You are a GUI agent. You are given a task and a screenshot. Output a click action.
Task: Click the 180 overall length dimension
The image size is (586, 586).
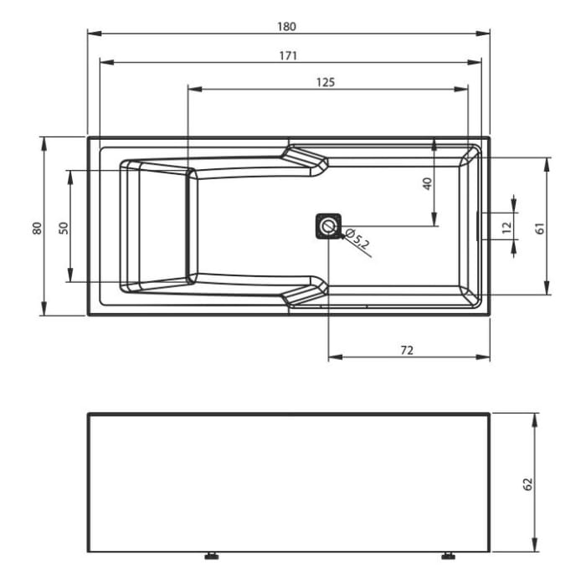[287, 26]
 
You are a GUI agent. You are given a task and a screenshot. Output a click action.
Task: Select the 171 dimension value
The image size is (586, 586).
[287, 55]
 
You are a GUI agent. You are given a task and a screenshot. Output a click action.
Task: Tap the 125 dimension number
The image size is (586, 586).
[326, 81]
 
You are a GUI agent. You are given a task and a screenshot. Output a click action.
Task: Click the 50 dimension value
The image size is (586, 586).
[64, 227]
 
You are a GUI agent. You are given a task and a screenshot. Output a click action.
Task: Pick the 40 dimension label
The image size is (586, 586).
[428, 183]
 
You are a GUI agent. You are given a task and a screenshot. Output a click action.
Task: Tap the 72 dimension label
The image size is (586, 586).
[407, 350]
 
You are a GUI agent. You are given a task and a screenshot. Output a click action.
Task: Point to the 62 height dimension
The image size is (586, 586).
[527, 483]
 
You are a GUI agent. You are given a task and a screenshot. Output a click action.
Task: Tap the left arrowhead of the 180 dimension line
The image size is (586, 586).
[93, 34]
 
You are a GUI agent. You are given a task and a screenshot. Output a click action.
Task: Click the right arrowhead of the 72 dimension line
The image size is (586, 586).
[485, 357]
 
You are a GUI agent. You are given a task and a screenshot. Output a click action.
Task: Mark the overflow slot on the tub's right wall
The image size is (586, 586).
[478, 226]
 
